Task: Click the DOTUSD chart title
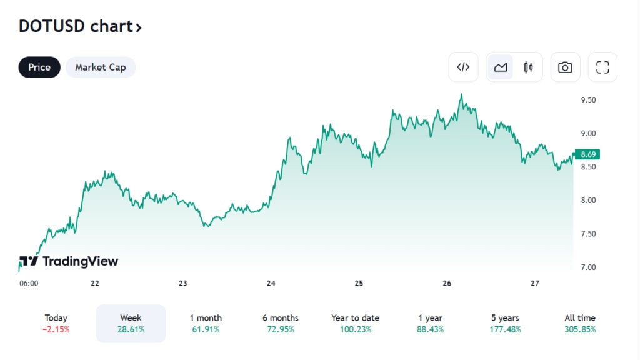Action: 80,27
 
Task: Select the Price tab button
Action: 39,67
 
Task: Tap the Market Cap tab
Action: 100,67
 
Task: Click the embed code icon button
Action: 463,67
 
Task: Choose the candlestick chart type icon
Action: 529,67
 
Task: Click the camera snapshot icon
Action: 565,67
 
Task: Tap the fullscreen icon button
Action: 602,67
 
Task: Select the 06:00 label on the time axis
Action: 29,283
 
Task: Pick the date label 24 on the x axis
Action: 271,283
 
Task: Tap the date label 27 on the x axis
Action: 535,283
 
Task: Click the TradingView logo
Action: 69,261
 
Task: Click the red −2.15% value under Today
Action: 56,329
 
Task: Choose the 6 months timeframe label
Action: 281,318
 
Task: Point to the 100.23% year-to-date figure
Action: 356,329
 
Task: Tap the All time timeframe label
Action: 580,318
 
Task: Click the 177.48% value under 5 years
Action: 505,329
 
